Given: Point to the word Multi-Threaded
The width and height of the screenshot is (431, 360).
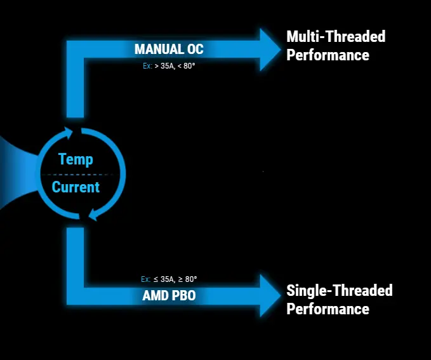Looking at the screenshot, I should coord(336,36).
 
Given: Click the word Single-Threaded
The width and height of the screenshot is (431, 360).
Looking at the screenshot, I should coord(340,291).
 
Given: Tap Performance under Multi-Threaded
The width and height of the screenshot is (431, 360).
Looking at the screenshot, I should coord(328,55).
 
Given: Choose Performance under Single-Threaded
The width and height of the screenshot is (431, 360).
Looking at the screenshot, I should coord(328,309).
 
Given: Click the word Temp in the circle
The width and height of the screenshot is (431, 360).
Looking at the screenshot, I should coord(76,159).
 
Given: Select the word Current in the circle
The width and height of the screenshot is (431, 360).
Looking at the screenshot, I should coord(76,187).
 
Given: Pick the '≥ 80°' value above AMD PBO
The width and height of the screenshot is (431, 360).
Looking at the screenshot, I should coord(187,279).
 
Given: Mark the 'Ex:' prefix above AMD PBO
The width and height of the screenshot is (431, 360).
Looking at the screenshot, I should coord(145,279).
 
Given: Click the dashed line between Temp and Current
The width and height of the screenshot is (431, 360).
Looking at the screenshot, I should coord(76,173).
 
